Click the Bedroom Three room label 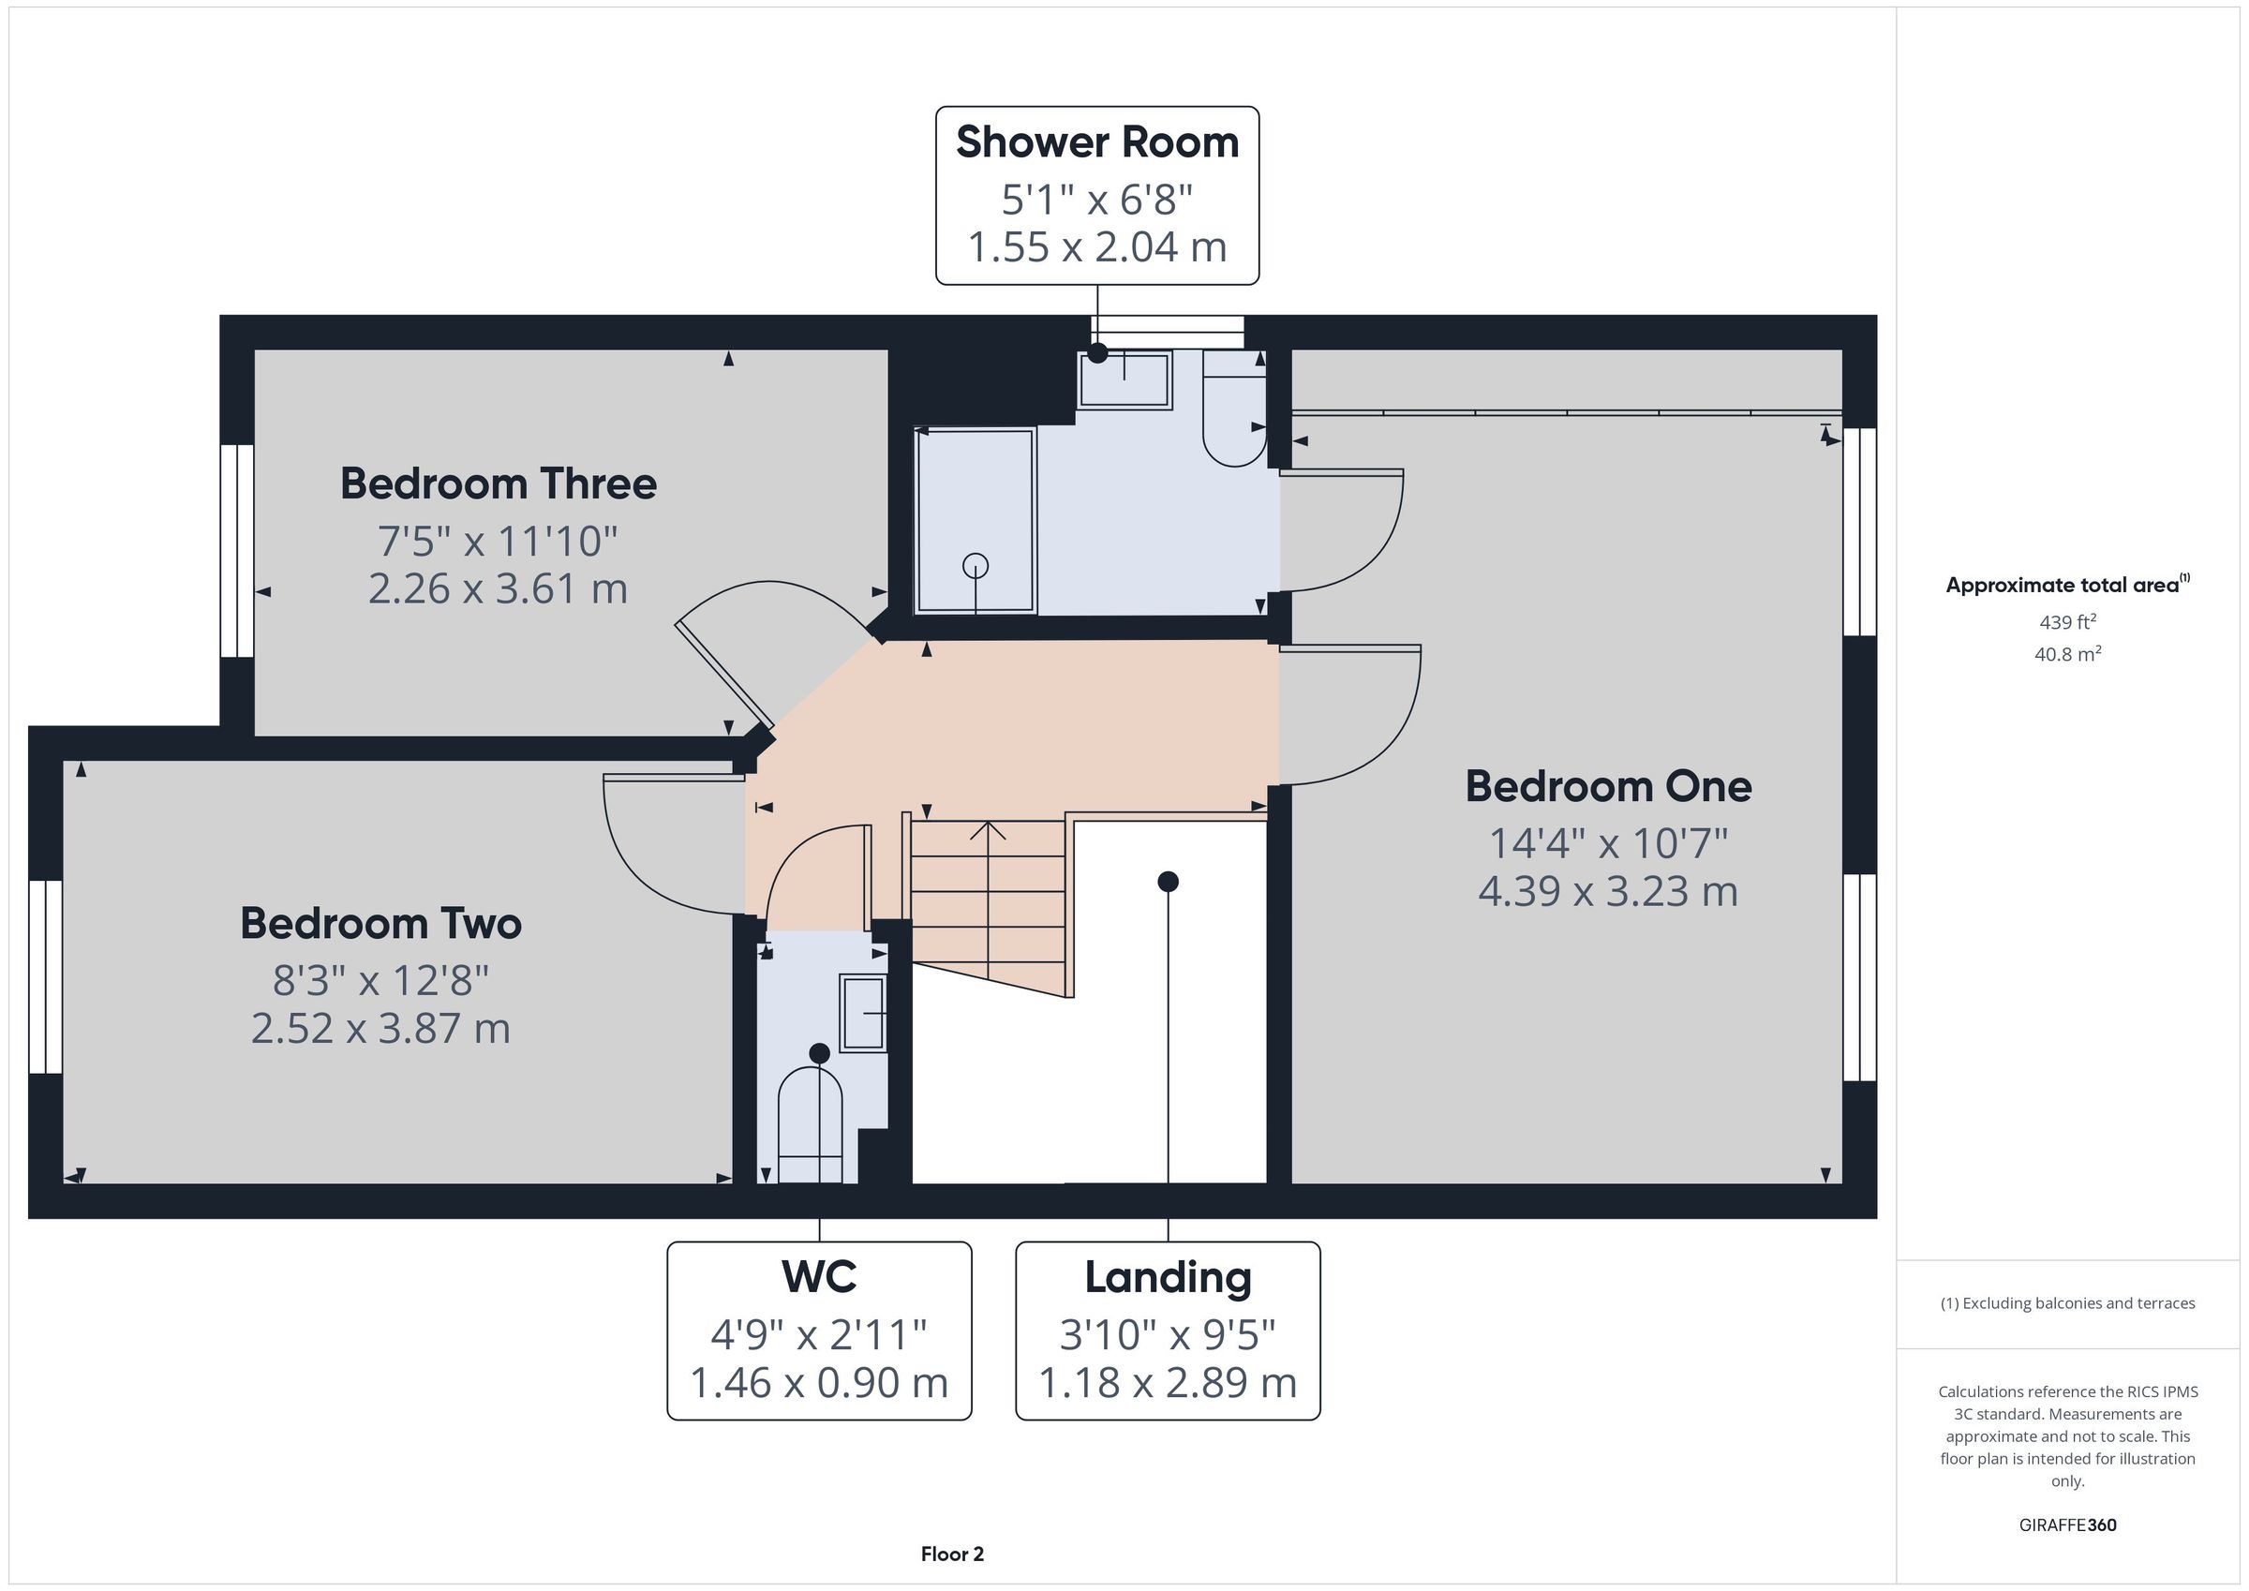tap(498, 484)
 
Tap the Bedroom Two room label tap(381, 924)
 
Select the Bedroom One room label tap(1608, 787)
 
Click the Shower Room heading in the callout tap(1097, 142)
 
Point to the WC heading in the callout tap(819, 1276)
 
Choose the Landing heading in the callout tap(1168, 1277)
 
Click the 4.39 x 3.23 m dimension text tap(1608, 891)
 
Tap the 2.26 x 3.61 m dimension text tap(498, 588)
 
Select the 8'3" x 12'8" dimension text tap(381, 980)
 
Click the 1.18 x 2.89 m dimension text tap(1168, 1382)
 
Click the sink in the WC tap(863, 1013)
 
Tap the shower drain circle tap(976, 565)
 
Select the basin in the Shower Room tap(1124, 379)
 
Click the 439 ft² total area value tap(2067, 622)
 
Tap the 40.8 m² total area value tap(2067, 653)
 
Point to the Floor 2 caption tap(952, 1554)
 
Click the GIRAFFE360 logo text tap(2068, 1524)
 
